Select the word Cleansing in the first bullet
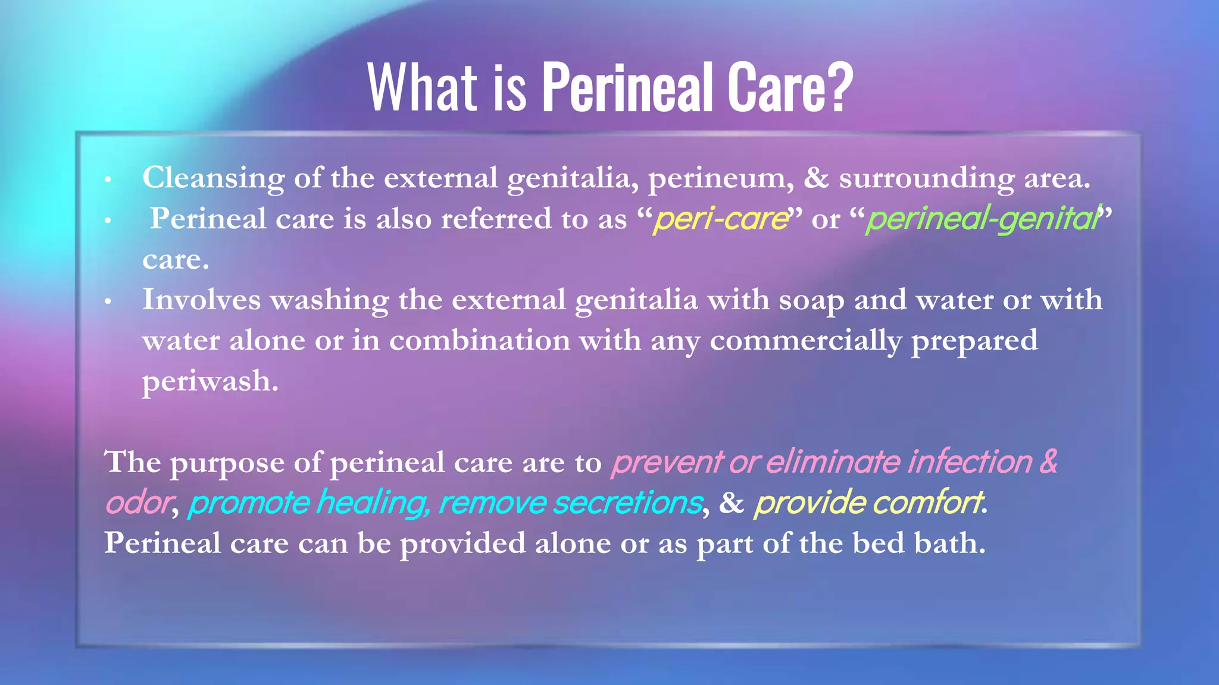click(213, 178)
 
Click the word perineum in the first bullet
click(720, 178)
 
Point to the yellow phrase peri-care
click(720, 219)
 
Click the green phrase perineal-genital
click(982, 219)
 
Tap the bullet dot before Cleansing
click(108, 180)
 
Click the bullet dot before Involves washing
click(108, 302)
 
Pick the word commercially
click(805, 341)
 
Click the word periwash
click(210, 382)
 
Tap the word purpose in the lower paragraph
click(227, 464)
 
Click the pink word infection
click(970, 462)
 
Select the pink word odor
click(137, 503)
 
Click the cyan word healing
click(372, 503)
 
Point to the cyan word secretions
click(627, 503)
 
